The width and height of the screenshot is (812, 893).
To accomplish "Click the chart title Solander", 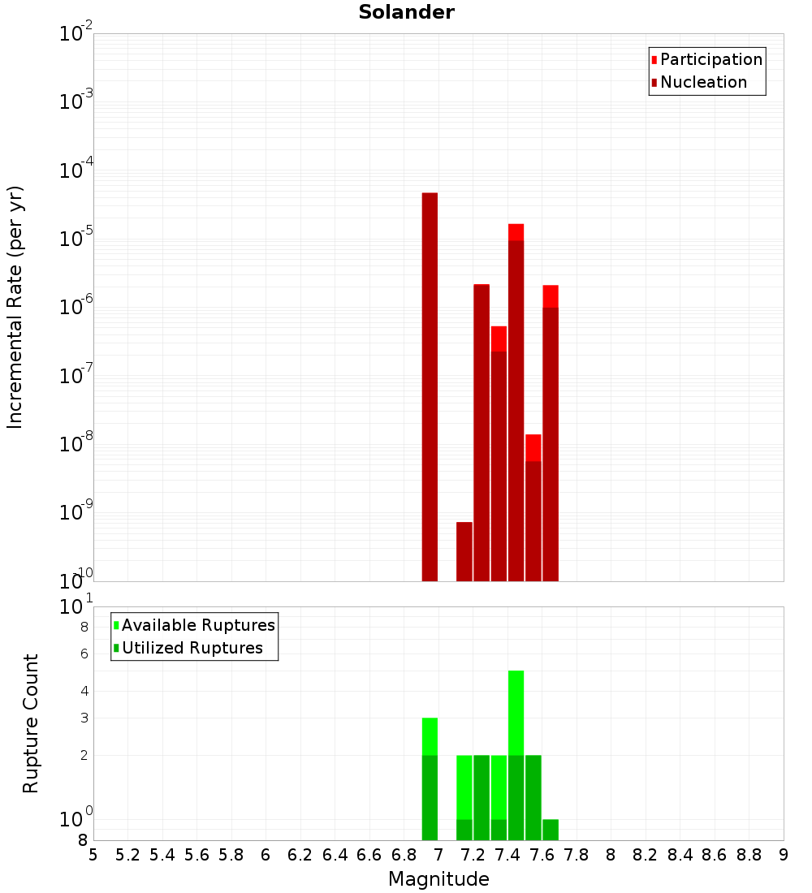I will pyautogui.click(x=406, y=12).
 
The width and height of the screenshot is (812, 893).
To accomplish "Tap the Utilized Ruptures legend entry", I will pyautogui.click(x=192, y=648).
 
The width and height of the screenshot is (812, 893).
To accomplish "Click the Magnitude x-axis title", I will pyautogui.click(x=438, y=879).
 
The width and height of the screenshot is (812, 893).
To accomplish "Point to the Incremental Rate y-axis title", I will pyautogui.click(x=15, y=308).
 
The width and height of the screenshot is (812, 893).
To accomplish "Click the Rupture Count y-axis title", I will pyautogui.click(x=31, y=723).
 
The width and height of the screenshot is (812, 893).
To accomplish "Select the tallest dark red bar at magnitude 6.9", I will pyautogui.click(x=430, y=386).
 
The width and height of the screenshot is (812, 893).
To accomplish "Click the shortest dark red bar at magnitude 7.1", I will pyautogui.click(x=464, y=551).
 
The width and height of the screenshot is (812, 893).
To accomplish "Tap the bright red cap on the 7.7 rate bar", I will pyautogui.click(x=551, y=296).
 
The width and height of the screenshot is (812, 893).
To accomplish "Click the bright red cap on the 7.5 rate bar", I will pyautogui.click(x=516, y=232).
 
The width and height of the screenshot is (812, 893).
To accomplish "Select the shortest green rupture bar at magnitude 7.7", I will pyautogui.click(x=551, y=830).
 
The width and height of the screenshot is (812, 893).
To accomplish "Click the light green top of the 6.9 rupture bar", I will pyautogui.click(x=430, y=736).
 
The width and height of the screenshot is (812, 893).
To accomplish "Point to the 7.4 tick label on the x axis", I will pyautogui.click(x=508, y=855).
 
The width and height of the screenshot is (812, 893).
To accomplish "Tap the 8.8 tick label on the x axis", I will pyautogui.click(x=749, y=855).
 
